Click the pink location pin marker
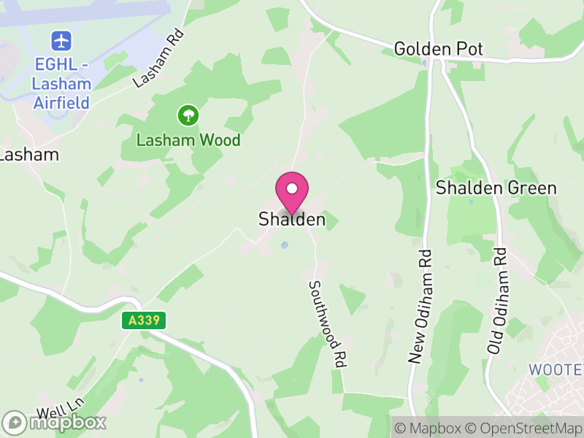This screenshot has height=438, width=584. pyautogui.click(x=292, y=193)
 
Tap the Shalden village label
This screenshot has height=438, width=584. pyautogui.click(x=292, y=219)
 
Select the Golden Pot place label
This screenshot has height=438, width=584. pyautogui.click(x=438, y=49)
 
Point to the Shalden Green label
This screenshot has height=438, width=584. pyautogui.click(x=496, y=188)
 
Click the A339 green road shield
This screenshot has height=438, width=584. pyautogui.click(x=145, y=320)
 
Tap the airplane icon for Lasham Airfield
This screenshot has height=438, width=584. pyautogui.click(x=61, y=39)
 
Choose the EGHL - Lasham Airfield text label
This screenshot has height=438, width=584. pyautogui.click(x=61, y=83)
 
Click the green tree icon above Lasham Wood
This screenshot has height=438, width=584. pyautogui.click(x=188, y=115)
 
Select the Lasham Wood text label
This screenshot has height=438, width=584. pyautogui.click(x=188, y=139)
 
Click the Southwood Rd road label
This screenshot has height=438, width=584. pyautogui.click(x=326, y=323)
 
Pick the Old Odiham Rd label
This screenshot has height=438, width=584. pyautogui.click(x=497, y=301)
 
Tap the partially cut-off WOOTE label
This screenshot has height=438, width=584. pyautogui.click(x=556, y=369)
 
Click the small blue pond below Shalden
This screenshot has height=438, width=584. pyautogui.click(x=285, y=245)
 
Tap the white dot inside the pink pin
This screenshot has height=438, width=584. pyautogui.click(x=292, y=188)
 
